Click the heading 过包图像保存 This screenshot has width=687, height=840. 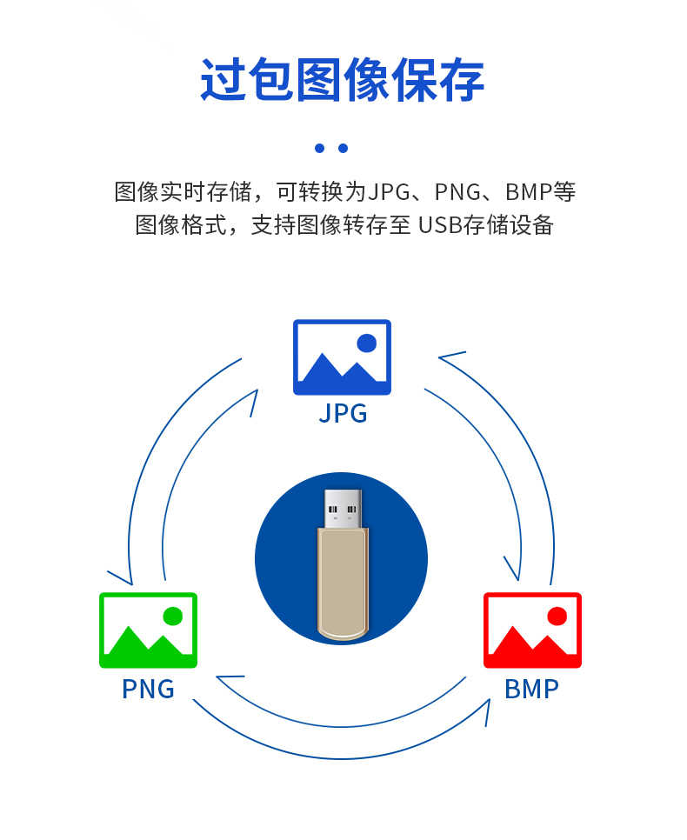coord(343,81)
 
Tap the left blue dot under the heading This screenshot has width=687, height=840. coord(319,149)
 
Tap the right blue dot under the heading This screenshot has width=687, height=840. coord(343,149)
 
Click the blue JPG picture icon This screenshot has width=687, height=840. coord(342,357)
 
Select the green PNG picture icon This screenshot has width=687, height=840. coord(148,630)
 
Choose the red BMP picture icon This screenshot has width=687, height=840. coord(532,630)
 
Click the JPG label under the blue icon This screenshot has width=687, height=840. coord(343,413)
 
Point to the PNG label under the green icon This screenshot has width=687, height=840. coord(148,689)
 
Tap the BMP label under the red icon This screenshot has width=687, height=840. coord(531,689)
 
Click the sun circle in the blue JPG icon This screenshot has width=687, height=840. coord(367,343)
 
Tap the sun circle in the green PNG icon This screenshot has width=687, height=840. coord(172,617)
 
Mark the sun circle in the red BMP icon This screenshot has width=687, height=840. coord(557,617)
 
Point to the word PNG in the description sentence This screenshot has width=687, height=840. coord(457,191)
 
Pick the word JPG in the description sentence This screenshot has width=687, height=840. coord(387,191)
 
